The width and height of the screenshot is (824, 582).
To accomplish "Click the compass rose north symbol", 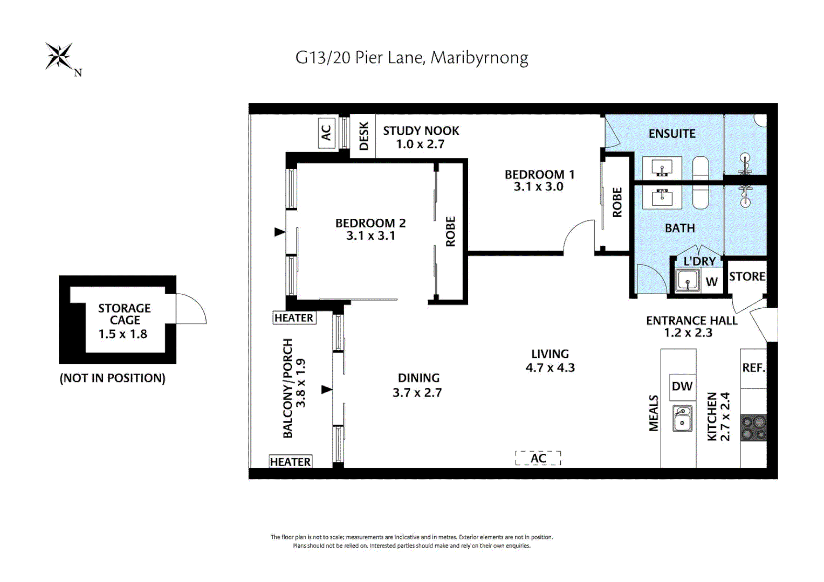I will pos(59,57).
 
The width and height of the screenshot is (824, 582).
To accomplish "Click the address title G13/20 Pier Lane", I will pos(411,58).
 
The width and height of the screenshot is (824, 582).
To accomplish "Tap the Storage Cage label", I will pos(124,314).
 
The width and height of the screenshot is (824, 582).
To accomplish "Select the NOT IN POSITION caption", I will pos(112,378).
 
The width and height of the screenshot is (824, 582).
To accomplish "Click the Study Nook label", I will pos(421,131).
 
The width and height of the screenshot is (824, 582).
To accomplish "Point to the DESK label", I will pos(363,136).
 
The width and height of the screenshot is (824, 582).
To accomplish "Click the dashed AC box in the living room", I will pos(538,459).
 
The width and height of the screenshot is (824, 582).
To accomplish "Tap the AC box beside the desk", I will pos(326,133).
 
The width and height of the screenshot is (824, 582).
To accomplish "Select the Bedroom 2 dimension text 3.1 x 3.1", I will pos(370,236).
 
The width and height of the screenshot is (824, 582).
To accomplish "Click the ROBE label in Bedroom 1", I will pos(617,203).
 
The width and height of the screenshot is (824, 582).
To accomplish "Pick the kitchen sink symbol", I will pos(682,418).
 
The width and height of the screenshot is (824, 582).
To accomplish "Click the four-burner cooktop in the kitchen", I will pos(753,428).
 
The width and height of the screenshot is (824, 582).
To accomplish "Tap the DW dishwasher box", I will pos(682,386).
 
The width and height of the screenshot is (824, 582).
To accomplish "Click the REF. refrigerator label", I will pos(753,368).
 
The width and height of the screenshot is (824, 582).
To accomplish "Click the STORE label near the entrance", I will pos(747,276).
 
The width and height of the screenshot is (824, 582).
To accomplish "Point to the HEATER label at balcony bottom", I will pos(290,462).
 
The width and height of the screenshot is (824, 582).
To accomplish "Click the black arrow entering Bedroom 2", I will pos(279,232).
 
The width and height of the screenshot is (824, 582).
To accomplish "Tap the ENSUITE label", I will pos(672,134).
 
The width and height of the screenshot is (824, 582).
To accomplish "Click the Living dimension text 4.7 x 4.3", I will pos(550,368).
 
